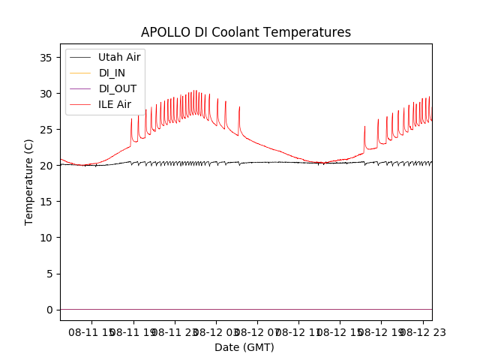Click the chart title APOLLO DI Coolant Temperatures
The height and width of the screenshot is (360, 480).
[246, 33]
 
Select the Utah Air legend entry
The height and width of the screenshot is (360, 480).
[119, 57]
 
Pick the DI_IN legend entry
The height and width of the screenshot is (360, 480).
[113, 73]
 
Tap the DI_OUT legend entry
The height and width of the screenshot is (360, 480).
[117, 88]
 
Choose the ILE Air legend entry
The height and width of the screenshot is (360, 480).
[115, 104]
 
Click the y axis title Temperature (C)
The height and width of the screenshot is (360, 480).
[29, 181]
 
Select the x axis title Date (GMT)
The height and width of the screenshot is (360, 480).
[244, 347]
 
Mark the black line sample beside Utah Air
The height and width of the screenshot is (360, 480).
[79, 57]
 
